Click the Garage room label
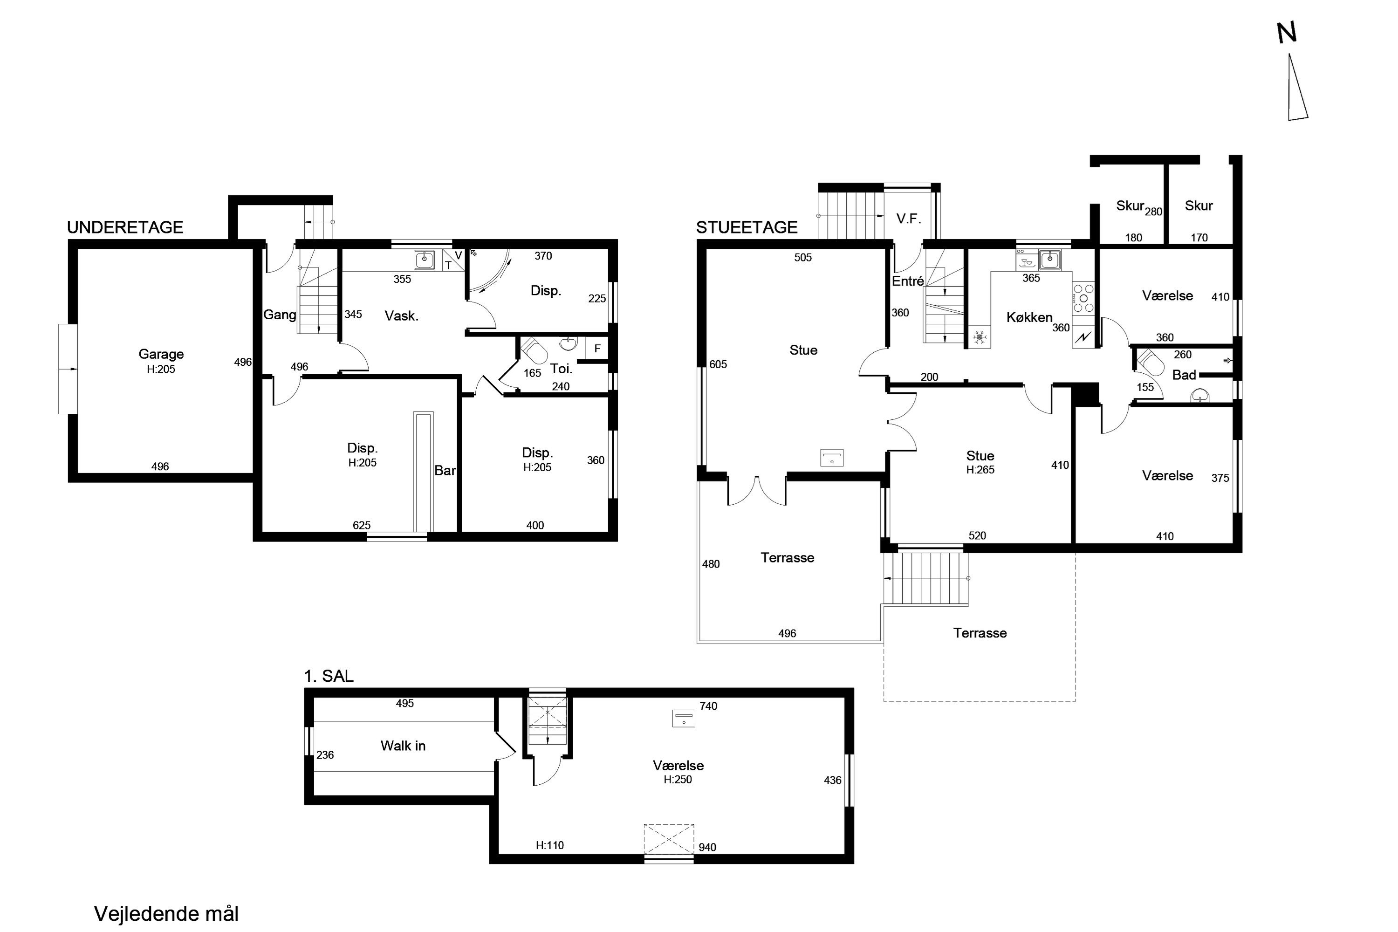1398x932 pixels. (161, 354)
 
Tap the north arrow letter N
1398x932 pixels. (1287, 33)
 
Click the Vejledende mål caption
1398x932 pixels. (166, 913)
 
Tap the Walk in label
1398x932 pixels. (403, 746)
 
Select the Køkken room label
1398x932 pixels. (1029, 318)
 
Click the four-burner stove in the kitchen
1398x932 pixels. (1083, 298)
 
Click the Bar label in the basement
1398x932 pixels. (445, 471)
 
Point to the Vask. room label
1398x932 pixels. (402, 316)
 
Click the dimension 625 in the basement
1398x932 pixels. (362, 526)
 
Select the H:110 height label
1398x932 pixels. (550, 845)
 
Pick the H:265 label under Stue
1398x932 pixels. (980, 470)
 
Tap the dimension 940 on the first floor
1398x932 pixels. (707, 847)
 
